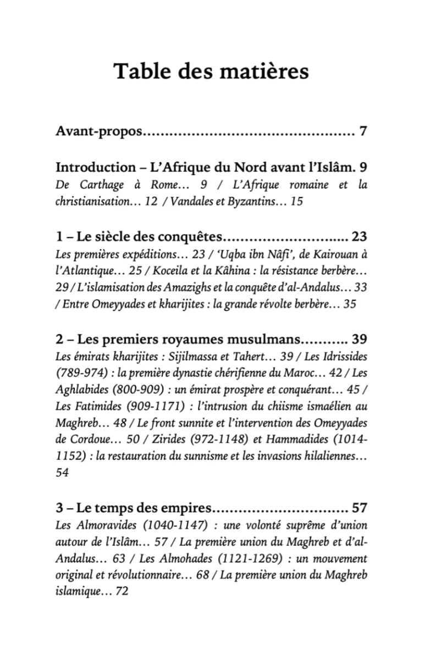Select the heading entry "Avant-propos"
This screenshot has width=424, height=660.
(100, 133)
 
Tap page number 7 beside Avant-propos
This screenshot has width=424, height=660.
(363, 132)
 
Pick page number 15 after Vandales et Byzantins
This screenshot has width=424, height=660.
(296, 202)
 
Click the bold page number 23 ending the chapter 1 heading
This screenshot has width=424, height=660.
(359, 237)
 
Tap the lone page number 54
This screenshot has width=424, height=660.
(62, 474)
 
